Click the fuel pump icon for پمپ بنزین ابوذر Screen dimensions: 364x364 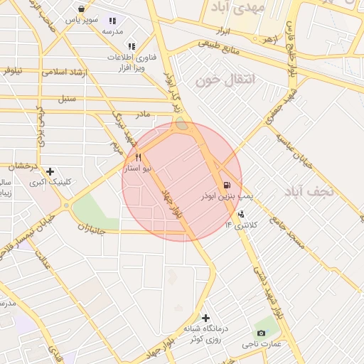226,183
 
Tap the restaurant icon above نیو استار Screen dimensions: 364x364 139,157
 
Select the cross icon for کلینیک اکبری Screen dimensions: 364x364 50,171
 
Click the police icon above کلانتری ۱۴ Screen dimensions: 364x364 242,213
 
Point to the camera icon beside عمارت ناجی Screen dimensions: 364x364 261,333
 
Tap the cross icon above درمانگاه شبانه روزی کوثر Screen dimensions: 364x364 206,318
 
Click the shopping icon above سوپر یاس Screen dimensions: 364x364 82,9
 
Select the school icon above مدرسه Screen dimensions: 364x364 112,21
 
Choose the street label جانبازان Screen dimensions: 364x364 91,229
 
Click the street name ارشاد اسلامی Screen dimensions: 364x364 63,72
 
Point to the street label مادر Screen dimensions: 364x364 143,114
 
